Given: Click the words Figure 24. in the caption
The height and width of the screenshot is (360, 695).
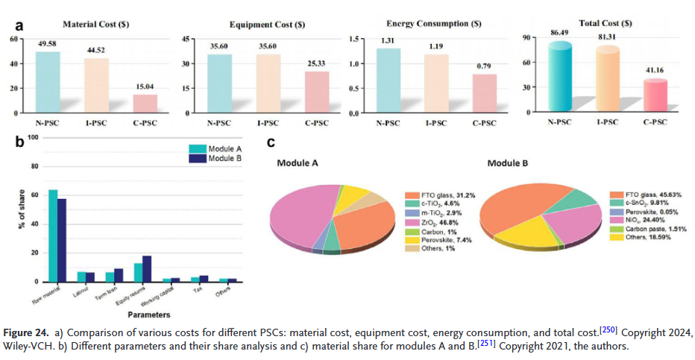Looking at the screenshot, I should click(27, 331).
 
